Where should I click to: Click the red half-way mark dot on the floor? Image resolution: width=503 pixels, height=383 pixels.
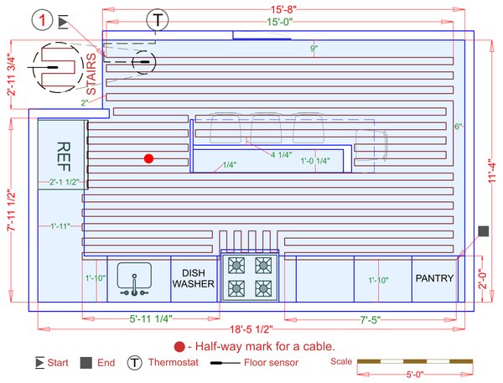(x=148, y=158)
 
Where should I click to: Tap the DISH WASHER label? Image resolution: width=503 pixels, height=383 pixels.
(x=194, y=278)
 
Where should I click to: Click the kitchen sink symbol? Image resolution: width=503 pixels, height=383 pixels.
(x=133, y=279)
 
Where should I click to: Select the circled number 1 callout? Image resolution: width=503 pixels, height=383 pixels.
(x=40, y=18)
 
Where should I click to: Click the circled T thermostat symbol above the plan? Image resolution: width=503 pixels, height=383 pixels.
(x=157, y=19)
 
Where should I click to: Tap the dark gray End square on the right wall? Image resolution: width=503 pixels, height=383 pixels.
(x=483, y=230)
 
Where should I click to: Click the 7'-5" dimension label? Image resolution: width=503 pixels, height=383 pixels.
(x=372, y=319)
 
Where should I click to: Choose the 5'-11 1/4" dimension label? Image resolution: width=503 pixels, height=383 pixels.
(x=152, y=319)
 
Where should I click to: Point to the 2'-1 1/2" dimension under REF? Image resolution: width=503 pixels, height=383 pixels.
(x=64, y=182)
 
